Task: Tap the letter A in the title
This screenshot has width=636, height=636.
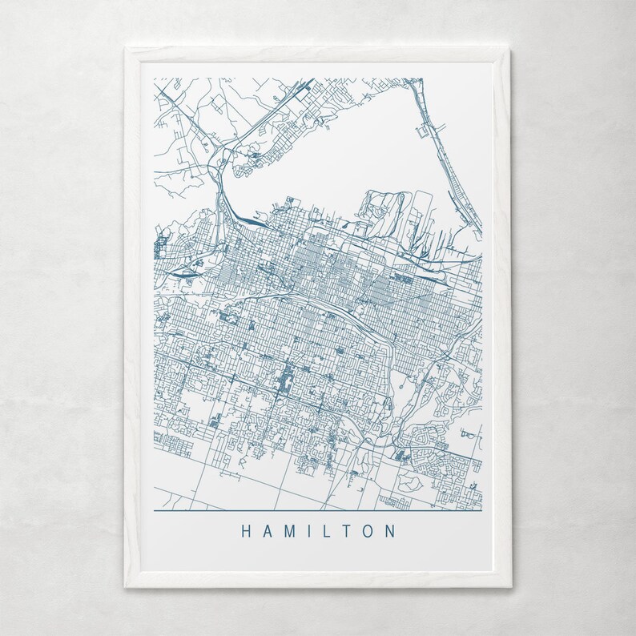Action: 268,531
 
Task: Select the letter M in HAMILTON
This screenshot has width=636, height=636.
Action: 289,531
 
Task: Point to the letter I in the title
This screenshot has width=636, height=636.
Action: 308,531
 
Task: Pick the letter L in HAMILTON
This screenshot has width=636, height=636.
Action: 325,531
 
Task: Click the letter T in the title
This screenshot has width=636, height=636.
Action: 344,531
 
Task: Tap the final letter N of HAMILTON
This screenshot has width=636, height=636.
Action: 389,531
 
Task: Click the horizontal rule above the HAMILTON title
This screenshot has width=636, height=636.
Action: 317,510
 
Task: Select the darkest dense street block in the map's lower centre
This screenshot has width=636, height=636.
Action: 285,376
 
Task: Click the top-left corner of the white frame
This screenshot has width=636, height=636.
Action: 125,49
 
